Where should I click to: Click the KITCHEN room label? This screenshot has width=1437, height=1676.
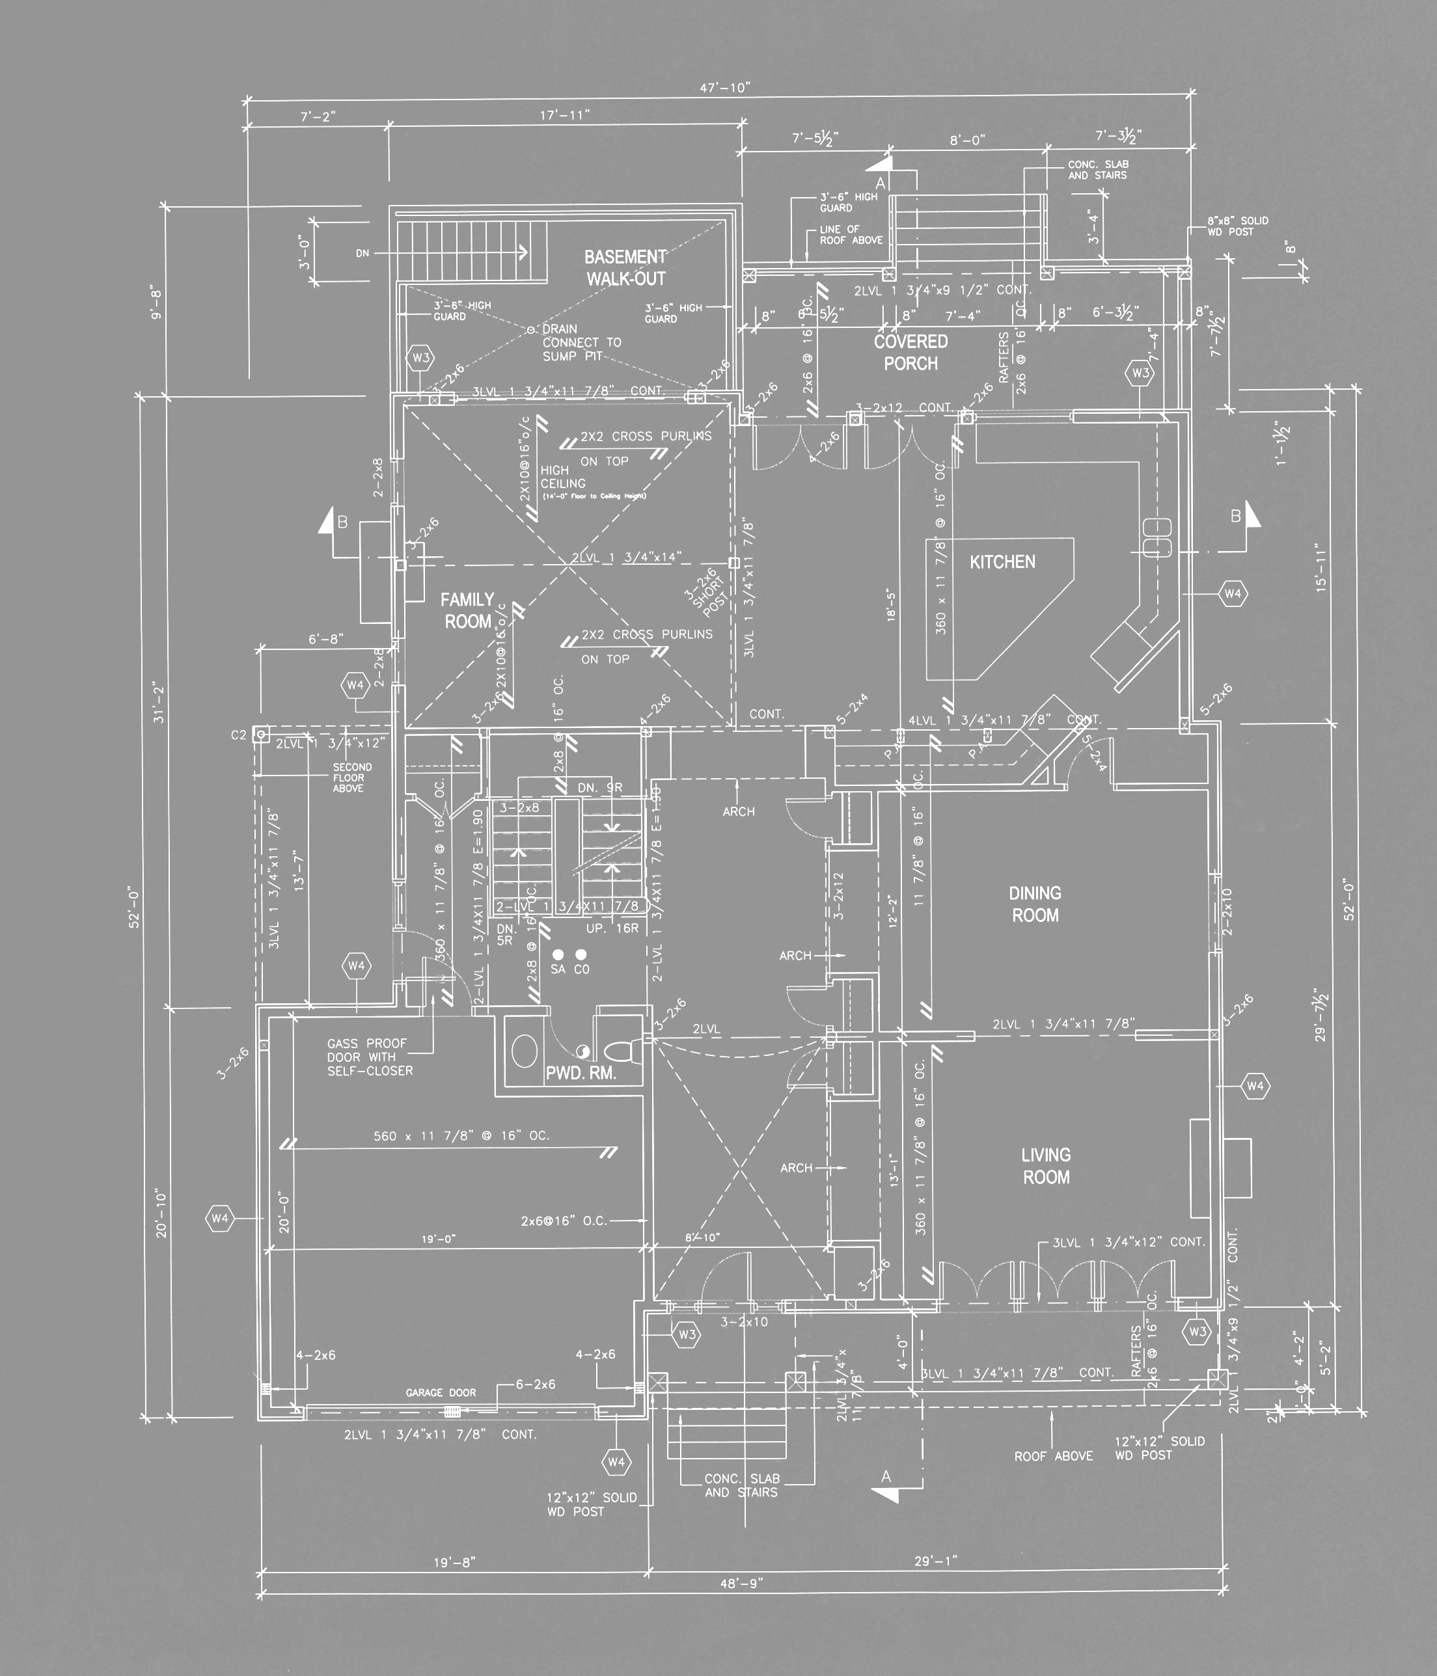(1002, 561)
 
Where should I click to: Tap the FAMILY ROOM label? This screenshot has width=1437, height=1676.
(468, 610)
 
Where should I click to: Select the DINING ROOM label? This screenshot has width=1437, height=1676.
(1035, 904)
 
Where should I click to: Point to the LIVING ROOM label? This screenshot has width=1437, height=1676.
(1047, 1166)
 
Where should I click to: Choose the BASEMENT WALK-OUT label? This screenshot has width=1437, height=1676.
(625, 268)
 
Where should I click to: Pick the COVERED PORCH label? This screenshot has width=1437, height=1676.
(910, 352)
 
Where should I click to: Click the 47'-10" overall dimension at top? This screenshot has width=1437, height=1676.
(725, 87)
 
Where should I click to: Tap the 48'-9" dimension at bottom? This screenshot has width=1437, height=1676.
(741, 1583)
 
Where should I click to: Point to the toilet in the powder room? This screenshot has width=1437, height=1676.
(622, 1051)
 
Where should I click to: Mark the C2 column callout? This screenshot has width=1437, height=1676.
(239, 735)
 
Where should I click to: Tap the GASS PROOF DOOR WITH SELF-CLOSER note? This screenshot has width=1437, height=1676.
(370, 1057)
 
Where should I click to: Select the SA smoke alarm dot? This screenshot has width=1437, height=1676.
(558, 954)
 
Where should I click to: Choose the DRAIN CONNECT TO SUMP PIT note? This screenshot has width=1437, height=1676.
(581, 342)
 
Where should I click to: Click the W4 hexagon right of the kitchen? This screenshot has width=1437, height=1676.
(1232, 594)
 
